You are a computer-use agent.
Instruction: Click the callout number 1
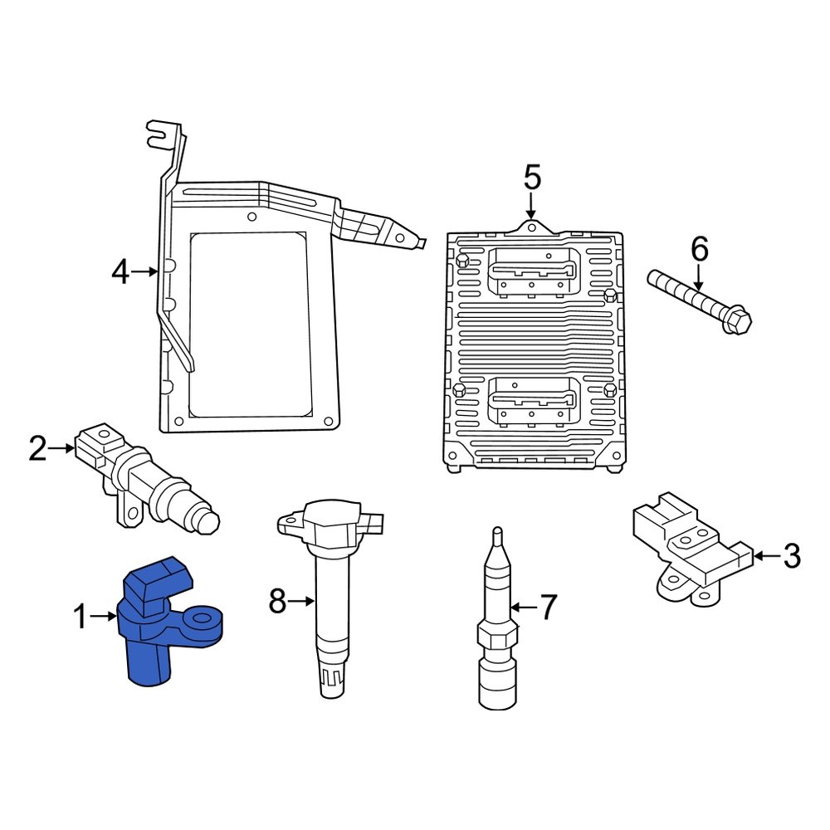pos(80,617)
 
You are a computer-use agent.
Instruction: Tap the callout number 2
pos(38,449)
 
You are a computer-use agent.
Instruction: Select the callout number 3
pos(792,555)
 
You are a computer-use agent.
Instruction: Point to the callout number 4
pos(121,271)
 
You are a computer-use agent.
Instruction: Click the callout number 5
pos(532,177)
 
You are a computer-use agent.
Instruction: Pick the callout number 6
pos(700,248)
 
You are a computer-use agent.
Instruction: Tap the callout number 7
pos(549,608)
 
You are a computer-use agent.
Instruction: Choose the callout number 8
pos(278,600)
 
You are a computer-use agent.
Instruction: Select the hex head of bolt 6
pos(735,320)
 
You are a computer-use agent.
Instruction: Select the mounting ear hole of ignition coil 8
pos(290,523)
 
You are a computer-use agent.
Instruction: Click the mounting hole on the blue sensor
pos(202,619)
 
